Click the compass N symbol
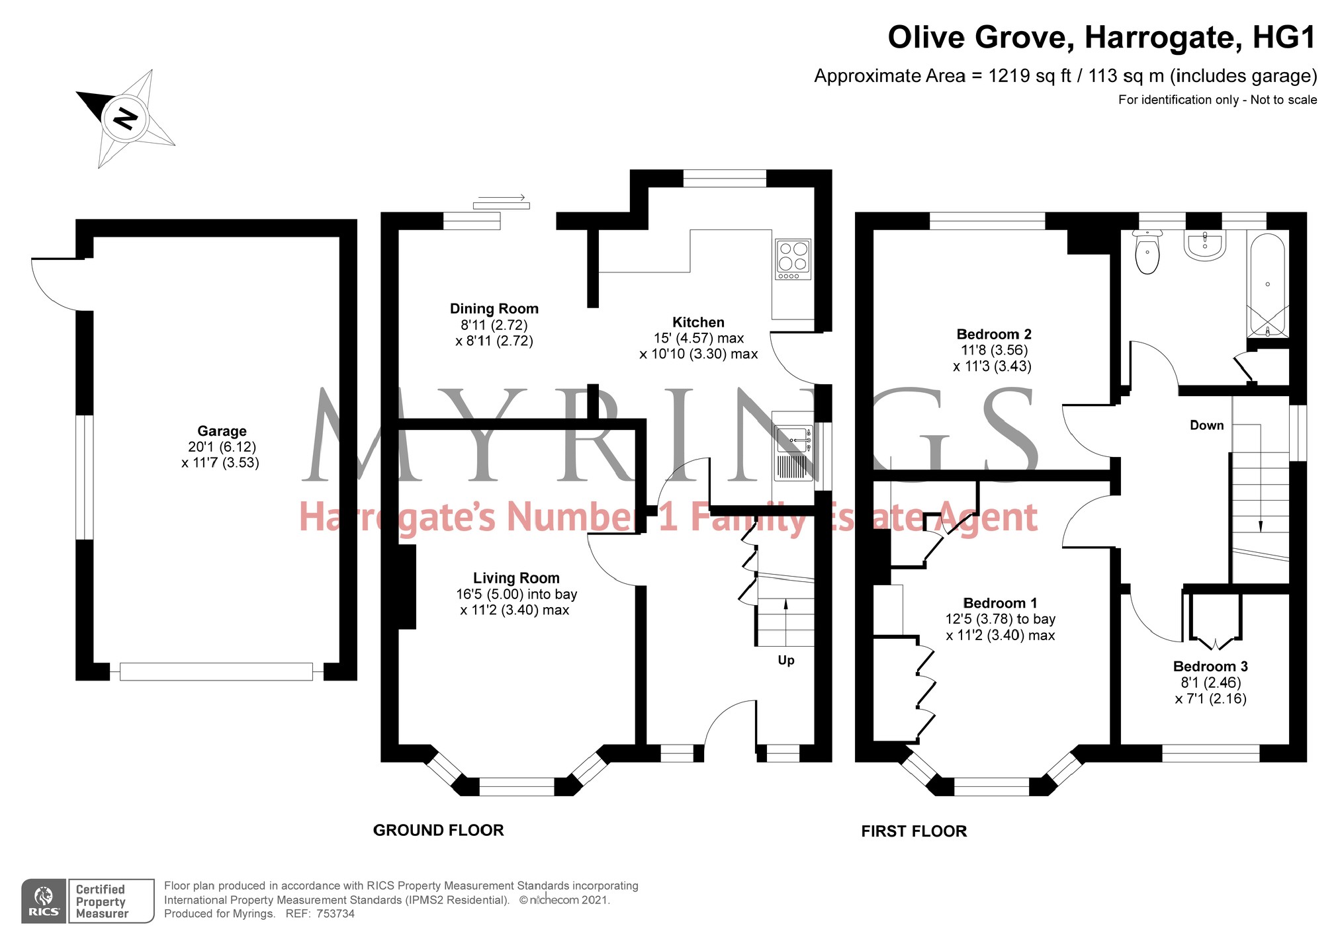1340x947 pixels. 125,119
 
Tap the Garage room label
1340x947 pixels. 222,431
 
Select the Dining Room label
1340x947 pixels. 494,309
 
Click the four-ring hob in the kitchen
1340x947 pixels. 793,259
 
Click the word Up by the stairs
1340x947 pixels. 786,661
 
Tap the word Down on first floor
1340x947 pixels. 1207,426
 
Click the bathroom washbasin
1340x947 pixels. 1204,245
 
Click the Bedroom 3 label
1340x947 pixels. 1210,667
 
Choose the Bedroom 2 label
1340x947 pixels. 994,335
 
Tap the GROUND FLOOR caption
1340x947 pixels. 439,831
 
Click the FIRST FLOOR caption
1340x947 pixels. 914,832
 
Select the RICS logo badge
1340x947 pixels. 44,901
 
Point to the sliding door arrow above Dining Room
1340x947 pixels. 502,197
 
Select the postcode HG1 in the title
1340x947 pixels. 1284,37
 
